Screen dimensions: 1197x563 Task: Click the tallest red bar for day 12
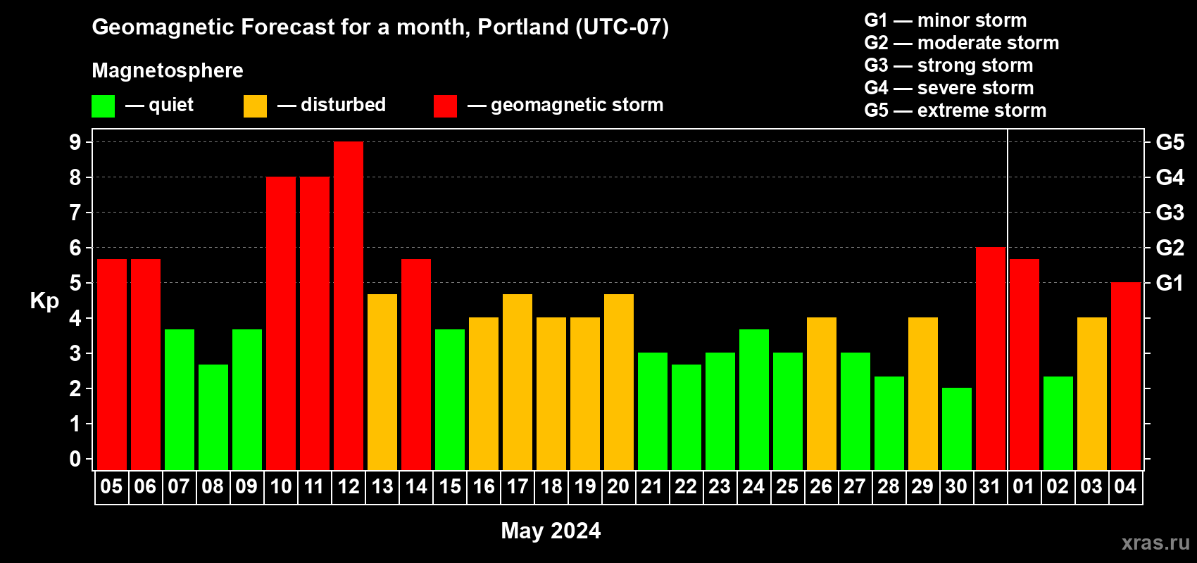pos(349,305)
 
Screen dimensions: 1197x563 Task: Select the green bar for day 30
pos(956,429)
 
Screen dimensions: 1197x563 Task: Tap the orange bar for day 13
pos(382,382)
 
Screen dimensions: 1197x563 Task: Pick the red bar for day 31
pos(991,358)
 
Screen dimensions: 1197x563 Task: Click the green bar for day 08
pos(213,417)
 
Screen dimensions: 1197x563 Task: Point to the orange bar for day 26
pos(821,393)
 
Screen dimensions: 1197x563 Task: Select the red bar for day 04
pos(1126,376)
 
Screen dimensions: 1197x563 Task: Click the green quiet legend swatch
pos(103,106)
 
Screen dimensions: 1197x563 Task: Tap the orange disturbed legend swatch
pos(255,106)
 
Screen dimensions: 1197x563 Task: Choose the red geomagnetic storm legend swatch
pos(445,106)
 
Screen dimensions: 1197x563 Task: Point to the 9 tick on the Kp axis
pos(75,142)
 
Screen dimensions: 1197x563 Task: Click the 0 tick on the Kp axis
pos(75,459)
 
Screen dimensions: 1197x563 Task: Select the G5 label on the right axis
pos(1170,142)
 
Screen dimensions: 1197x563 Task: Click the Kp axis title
pos(44,301)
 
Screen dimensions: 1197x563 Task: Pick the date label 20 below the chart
pos(618,486)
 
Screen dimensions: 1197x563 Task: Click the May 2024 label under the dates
pos(551,531)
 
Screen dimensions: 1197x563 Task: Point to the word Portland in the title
pos(523,27)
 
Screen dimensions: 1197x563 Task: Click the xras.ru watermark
pos(1155,543)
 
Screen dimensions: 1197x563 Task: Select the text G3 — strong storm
pos(948,65)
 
